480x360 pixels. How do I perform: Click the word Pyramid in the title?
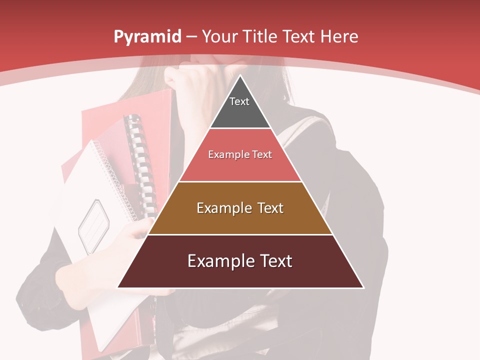coord(147,36)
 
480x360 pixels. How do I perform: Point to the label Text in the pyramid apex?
coord(239,101)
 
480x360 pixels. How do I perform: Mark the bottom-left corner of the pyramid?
coord(118,287)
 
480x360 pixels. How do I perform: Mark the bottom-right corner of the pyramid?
coord(363,287)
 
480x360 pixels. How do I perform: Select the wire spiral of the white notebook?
coord(112,175)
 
